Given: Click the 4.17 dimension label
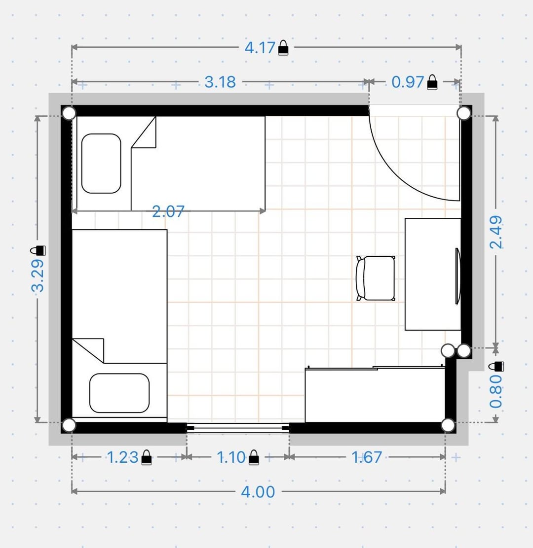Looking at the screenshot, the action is pos(260,48).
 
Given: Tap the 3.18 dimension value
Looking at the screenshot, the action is pos(220,82).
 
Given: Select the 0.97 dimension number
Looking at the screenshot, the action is pos(407,82).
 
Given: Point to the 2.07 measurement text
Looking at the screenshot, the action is pos(168,211).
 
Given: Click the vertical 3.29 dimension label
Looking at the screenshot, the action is pos(38,275).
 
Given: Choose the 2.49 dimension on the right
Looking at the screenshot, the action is pos(496,232).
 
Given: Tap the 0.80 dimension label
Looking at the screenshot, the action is pos(496,392).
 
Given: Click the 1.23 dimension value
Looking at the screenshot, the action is pos(122,457).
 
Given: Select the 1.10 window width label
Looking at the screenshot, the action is pos(231,457).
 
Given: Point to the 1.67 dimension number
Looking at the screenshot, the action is pos(366,457).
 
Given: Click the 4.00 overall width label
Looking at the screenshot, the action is pos(258,492).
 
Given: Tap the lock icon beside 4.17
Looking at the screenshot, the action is pos(283,47).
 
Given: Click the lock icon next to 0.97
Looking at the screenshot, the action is pos(432,82).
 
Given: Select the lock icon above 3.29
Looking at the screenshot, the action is pos(38,250).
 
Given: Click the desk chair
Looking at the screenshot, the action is pos(376,278).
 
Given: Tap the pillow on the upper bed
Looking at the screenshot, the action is pos(101,163).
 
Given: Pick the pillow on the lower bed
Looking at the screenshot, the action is pos(119,393).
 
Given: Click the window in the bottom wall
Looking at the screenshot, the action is pos(238,428).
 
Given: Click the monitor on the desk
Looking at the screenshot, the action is pos(457,276).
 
